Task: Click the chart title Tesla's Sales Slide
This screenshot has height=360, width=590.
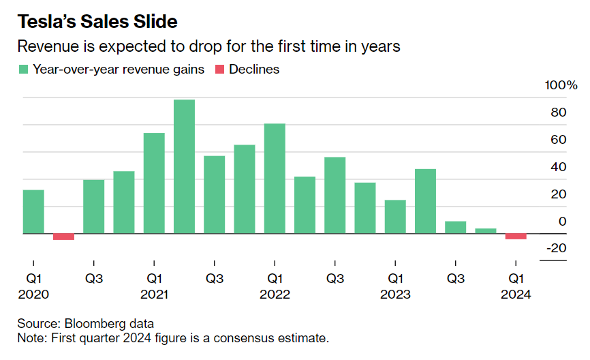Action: pyautogui.click(x=97, y=22)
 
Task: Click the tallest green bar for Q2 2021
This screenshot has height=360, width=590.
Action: pyautogui.click(x=184, y=166)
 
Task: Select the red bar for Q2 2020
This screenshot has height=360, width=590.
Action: pyautogui.click(x=63, y=237)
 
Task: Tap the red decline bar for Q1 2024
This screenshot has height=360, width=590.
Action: pyautogui.click(x=516, y=237)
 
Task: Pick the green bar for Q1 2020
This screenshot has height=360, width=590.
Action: pyautogui.click(x=33, y=211)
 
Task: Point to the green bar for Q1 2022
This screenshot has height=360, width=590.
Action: pyautogui.click(x=275, y=179)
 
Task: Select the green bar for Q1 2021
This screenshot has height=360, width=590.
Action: pyautogui.click(x=154, y=183)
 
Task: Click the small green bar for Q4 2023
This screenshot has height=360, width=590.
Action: pyautogui.click(x=486, y=231)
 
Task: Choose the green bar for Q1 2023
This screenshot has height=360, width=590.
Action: pyautogui.click(x=395, y=217)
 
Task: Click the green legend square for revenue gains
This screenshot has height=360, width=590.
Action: pyautogui.click(x=23, y=70)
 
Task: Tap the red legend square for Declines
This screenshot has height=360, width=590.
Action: pyautogui.click(x=219, y=70)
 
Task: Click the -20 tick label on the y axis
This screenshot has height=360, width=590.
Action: pyautogui.click(x=556, y=248)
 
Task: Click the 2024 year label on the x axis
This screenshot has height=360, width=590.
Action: pyautogui.click(x=516, y=295)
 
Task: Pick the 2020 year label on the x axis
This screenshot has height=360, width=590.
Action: pyautogui.click(x=33, y=295)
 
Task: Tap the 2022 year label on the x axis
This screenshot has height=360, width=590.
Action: pyautogui.click(x=275, y=295)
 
